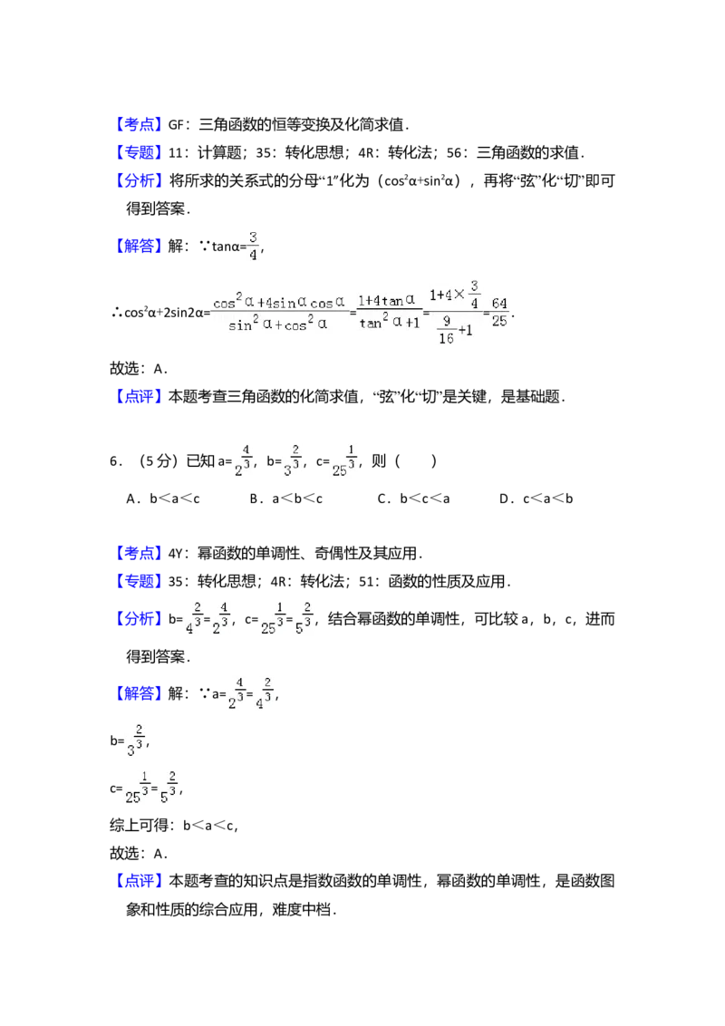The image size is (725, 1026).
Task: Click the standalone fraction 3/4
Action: [x=253, y=245]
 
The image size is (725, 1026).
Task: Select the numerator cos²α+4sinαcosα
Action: [x=278, y=301]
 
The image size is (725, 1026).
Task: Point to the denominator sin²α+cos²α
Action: [x=277, y=324]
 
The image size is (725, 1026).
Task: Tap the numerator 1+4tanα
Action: [x=386, y=300]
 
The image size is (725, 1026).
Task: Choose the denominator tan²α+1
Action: [x=388, y=322]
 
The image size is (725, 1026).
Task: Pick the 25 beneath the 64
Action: [x=500, y=322]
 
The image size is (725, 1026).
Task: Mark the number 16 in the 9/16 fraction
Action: [x=446, y=339]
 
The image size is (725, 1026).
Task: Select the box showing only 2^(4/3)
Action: [x=240, y=460]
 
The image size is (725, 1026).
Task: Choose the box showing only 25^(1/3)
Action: [x=344, y=460]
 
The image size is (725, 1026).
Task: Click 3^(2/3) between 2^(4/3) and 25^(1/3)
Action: [x=290, y=460]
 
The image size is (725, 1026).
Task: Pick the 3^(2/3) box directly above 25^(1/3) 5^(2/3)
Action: [x=138, y=740]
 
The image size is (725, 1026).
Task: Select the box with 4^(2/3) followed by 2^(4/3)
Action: [x=207, y=616]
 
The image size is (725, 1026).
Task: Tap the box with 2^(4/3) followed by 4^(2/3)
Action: [x=250, y=692]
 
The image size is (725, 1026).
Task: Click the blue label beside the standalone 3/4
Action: [x=140, y=245]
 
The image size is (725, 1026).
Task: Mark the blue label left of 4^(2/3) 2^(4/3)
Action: [x=140, y=619]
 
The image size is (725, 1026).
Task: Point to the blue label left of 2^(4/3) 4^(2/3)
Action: [x=140, y=693]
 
